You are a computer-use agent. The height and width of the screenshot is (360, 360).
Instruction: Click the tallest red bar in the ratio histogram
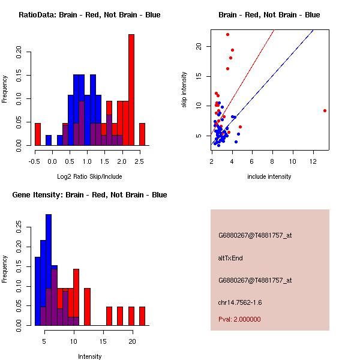[x=131, y=90]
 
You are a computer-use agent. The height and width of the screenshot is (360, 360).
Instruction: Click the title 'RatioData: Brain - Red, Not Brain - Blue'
[x=89, y=15]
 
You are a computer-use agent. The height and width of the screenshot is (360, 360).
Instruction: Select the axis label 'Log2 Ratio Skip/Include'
[x=89, y=176]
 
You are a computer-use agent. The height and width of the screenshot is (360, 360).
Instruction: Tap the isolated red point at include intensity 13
[x=325, y=110]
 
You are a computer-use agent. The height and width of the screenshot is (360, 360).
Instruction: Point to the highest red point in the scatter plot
[x=227, y=34]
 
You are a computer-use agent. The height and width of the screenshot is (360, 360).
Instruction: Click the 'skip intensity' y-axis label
[x=185, y=90]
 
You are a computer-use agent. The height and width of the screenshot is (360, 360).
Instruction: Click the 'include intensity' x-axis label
[x=269, y=176]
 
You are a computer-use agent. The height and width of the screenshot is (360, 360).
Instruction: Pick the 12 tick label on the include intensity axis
[x=313, y=161]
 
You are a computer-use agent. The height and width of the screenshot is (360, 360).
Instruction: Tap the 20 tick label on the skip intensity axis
[x=198, y=46]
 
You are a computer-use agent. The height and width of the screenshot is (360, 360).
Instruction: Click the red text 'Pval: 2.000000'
[x=239, y=319]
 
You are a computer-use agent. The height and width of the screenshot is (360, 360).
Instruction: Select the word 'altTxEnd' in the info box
[x=230, y=258]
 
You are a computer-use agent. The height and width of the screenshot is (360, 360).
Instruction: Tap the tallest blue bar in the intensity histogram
[x=49, y=270]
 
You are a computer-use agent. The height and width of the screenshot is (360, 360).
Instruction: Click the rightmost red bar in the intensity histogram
[x=142, y=316]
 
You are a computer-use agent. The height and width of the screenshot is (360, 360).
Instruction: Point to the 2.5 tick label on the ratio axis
[x=139, y=161]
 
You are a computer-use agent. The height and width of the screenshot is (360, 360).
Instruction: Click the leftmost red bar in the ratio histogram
[x=38, y=134]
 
